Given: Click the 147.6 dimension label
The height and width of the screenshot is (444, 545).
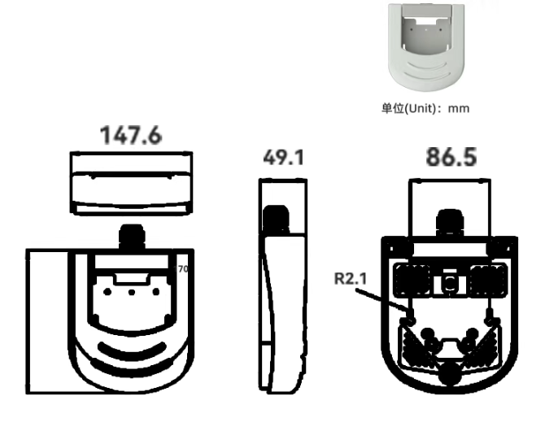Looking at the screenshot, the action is point(131,135).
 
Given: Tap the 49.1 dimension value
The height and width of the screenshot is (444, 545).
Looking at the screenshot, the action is point(284,158).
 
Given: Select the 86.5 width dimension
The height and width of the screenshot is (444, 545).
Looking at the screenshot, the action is point(451,157).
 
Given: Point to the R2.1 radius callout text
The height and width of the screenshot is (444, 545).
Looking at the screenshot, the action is point(351,279).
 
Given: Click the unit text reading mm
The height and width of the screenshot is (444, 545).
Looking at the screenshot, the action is point(459,108).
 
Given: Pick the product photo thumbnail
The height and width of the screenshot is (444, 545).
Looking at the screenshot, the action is point(426,47).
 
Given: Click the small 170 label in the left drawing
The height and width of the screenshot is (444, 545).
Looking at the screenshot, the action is point(181,269).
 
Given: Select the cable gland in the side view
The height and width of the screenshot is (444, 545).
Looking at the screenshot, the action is point(276,219).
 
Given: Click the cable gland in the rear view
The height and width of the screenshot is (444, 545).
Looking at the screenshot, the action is point(450,222).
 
